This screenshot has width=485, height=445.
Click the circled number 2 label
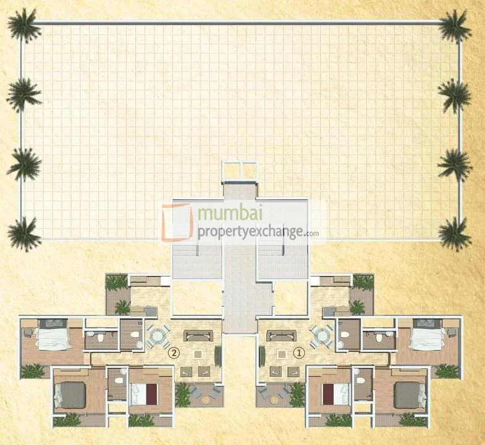175,354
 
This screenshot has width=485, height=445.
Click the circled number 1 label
300,354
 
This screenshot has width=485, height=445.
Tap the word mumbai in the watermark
230,215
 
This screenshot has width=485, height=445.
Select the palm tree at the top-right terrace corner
455,26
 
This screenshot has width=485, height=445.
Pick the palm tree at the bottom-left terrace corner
23,233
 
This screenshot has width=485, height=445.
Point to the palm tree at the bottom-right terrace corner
455,233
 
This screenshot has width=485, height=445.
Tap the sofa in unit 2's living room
199,336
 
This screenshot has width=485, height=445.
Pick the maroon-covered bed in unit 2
144,393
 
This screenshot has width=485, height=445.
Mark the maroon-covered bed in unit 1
334,393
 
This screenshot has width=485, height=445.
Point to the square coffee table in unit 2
198,354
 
